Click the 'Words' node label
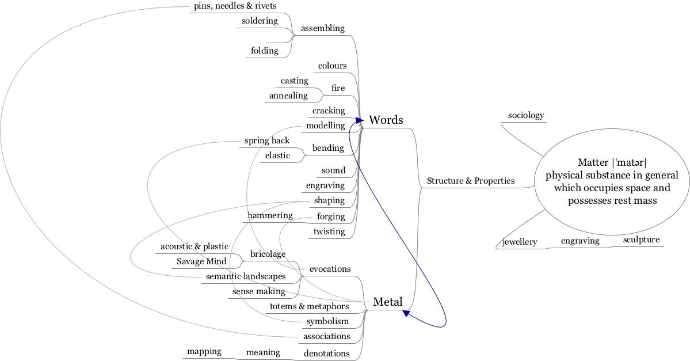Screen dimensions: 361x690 pos(386,120)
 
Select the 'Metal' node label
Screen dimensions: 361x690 pos(387,302)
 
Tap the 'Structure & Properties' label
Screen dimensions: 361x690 pos(470,181)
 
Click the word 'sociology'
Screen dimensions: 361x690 pos(525,115)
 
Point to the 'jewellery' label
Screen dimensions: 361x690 pos(520,242)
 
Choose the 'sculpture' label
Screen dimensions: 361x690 pos(641,240)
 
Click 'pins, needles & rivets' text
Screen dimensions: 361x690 pos(235,6)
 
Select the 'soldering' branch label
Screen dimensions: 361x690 pos(260,21)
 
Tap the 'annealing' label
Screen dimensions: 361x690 pos(288,96)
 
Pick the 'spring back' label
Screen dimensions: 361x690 pos(266,140)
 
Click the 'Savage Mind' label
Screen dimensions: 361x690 pos(201,261)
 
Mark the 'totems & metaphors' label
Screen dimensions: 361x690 pos(309,306)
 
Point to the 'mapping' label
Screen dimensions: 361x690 pos(204,351)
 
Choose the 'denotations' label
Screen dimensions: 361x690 pos(326,354)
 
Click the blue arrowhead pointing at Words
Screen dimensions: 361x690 pos(360,120)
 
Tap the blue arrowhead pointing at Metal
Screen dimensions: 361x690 pos(406,313)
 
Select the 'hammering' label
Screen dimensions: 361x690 pos(270,215)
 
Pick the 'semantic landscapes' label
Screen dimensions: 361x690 pos(246,276)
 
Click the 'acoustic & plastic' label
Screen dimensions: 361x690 pos(194,246)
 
